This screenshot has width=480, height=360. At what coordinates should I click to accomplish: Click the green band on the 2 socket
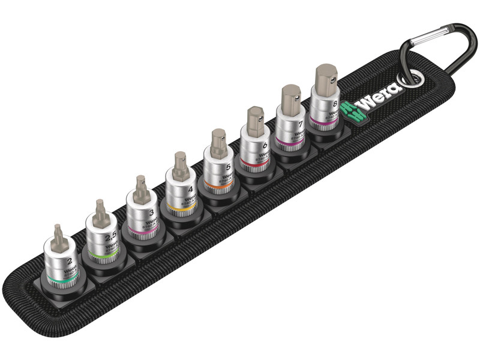62,281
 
